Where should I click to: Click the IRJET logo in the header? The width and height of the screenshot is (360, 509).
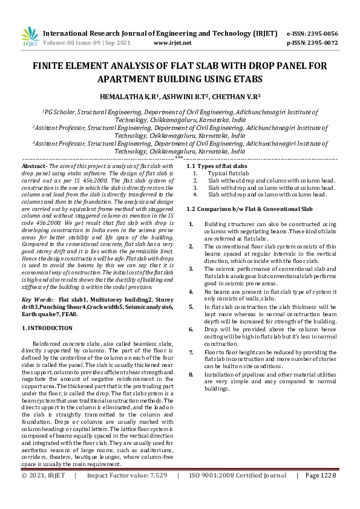(28, 37)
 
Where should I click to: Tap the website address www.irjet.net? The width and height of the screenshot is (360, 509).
(172, 43)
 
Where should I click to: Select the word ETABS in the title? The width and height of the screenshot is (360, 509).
(245, 79)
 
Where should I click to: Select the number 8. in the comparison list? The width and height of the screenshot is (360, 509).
(192, 375)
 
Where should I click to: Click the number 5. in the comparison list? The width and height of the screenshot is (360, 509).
(192, 307)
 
